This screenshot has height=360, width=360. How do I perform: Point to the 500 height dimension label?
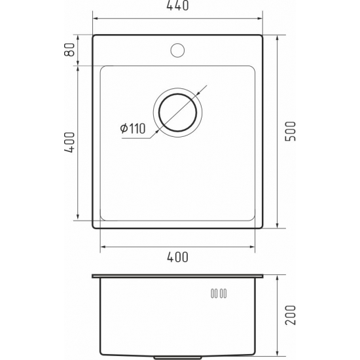(292, 131)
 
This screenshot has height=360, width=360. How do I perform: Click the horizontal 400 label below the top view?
(177, 257)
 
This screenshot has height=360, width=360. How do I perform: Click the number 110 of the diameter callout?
(136, 129)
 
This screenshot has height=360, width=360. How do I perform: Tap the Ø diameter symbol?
(123, 129)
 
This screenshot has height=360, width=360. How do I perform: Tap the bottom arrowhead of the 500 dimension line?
(278, 225)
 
